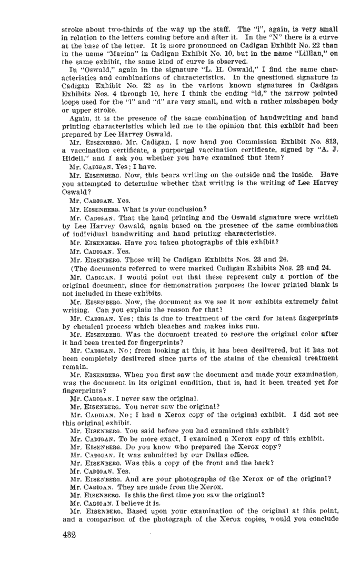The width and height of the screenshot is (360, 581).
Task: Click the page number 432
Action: coord(69,535)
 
